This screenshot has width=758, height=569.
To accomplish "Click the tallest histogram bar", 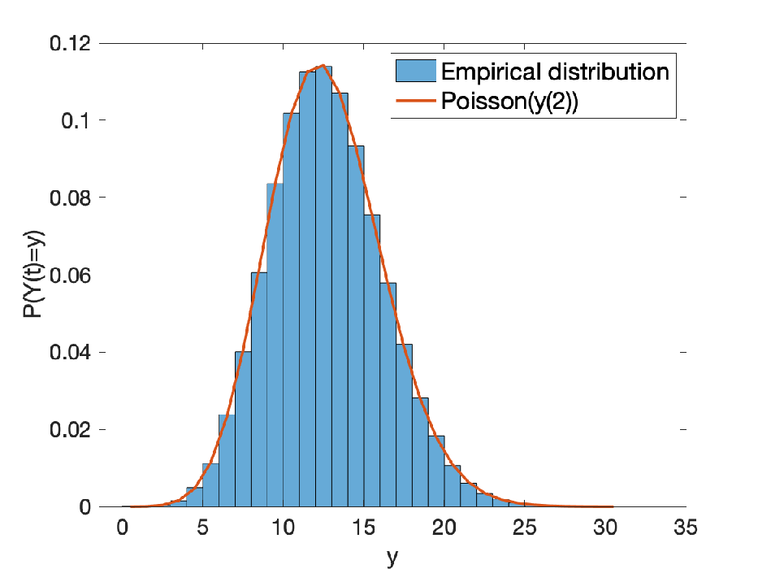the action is pos(323,286).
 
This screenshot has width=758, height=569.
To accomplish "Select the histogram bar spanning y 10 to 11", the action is pos(291,310).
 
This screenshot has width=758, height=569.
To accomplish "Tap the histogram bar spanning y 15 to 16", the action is pos(372,360).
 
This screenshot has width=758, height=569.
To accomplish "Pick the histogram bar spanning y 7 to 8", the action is pos(243,428).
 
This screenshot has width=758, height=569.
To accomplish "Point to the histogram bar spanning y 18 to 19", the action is pos(420,452).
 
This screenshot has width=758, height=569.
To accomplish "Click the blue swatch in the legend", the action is pos(416,71).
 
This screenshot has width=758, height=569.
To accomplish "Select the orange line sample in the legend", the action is pos(416,101).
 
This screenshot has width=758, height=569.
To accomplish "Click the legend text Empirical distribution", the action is pos(555,72).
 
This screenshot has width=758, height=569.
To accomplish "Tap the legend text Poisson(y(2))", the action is pos(509,102).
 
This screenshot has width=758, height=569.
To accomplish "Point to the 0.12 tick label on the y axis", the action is pos(71,44).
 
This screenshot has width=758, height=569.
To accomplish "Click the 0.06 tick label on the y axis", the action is pos(71,275).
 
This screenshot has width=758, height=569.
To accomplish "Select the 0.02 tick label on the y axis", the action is pos(71,429).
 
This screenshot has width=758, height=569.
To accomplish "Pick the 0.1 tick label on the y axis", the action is pos(76,120).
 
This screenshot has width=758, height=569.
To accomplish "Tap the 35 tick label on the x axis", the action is pos(686,528).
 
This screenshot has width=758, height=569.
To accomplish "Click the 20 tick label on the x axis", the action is pos(444,528).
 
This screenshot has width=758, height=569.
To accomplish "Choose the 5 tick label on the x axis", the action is pos(202,528).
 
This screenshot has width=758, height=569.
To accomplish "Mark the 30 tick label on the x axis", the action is pos(605,528).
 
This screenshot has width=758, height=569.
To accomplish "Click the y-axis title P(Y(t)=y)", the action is pos(33,274).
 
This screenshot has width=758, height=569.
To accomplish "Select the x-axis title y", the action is pos(392,558).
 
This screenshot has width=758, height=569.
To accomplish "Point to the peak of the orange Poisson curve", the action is pos(323,65).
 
